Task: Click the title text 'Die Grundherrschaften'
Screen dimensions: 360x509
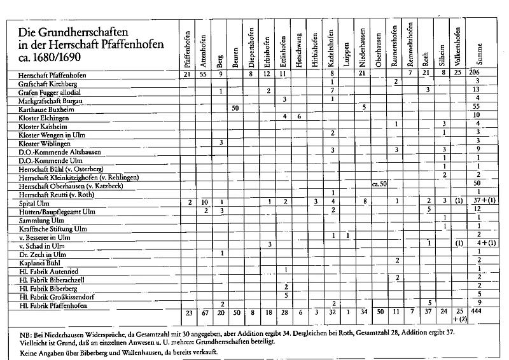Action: coord(70,31)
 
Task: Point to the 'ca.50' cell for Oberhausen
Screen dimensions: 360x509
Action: coord(379,184)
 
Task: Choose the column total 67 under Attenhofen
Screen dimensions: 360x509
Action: coord(204,313)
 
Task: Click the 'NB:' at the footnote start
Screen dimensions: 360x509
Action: coord(19,333)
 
